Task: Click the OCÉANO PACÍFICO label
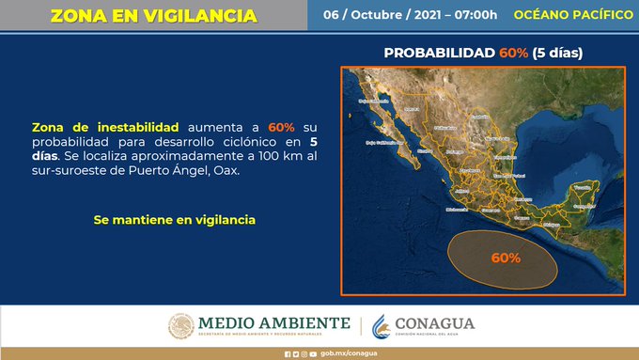click(573, 16)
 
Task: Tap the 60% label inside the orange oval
click(507, 256)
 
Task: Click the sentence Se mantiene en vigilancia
click(174, 219)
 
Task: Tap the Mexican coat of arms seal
click(181, 326)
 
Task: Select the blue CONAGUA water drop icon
click(382, 325)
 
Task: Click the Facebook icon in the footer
click(288, 353)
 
